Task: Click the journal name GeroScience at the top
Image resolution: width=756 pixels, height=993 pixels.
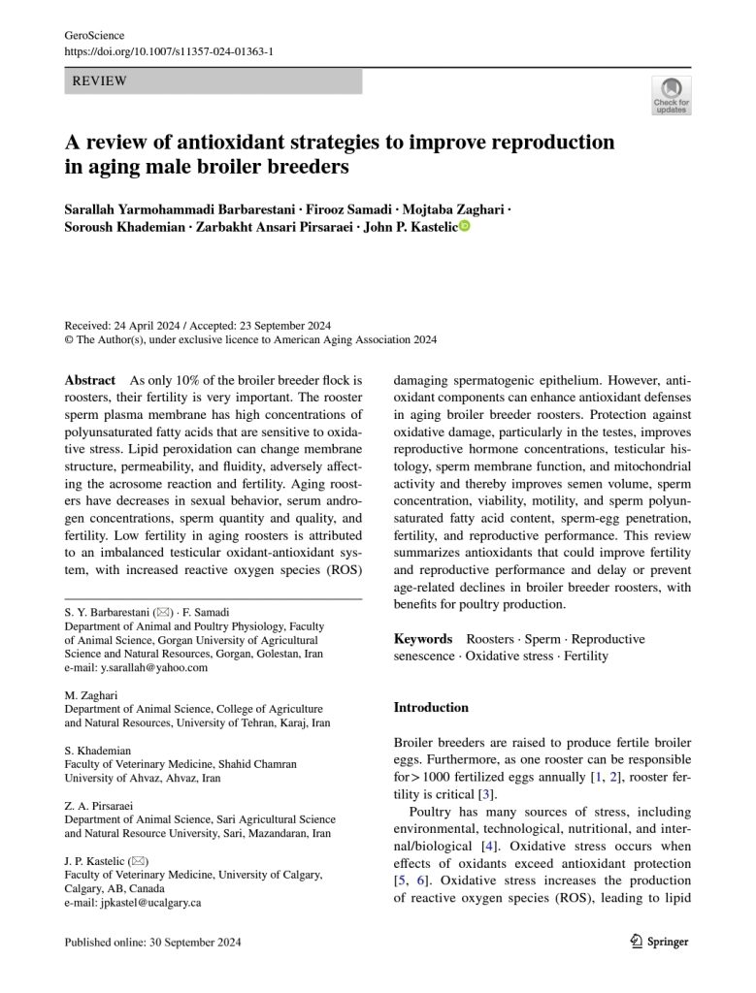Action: (x=94, y=35)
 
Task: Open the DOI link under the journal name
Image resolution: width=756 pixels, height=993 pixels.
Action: (x=168, y=50)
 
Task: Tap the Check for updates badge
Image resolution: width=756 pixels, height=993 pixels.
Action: (x=671, y=95)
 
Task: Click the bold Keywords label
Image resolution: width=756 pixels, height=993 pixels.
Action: (x=422, y=639)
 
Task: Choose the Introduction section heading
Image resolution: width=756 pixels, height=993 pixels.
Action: (x=431, y=707)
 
